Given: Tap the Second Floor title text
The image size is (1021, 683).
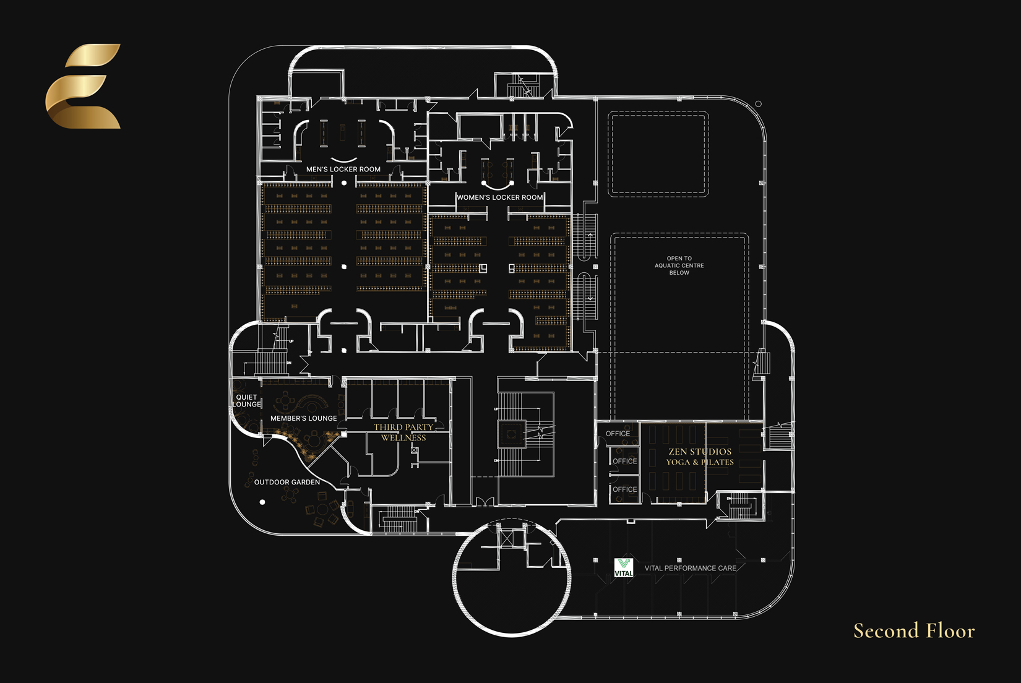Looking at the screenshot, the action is point(914,631).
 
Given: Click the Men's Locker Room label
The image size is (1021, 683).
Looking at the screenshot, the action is point(343,169).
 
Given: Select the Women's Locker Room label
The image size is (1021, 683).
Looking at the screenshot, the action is point(500,197).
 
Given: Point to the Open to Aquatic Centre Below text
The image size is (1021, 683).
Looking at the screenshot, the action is point(679,265).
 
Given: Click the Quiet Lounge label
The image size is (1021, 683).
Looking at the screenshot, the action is point(247,401).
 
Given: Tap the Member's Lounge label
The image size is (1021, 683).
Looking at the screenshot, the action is point(304,418).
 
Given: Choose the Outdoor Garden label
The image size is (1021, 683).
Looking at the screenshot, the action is point(286,482).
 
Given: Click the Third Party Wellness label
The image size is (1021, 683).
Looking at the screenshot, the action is point(403,432).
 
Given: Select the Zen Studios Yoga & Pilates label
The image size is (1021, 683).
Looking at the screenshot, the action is point(700,457).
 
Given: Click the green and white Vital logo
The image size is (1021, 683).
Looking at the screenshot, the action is point(624,568).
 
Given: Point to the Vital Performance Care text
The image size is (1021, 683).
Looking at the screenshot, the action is point(690,568).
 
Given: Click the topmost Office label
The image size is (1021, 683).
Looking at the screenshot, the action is point(618,434).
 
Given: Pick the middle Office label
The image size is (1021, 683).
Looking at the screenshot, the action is point(624,461).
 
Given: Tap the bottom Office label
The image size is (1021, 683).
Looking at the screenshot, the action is point(624,489).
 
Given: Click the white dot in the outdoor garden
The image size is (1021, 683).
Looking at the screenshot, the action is point(262,502).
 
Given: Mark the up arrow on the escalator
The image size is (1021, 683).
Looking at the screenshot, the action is point(590,235).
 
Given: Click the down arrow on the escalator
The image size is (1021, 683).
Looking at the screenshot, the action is point(590,299).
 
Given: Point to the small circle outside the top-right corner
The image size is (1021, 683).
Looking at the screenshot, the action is point(759,104).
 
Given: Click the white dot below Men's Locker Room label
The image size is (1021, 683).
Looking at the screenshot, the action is point(344,183).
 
